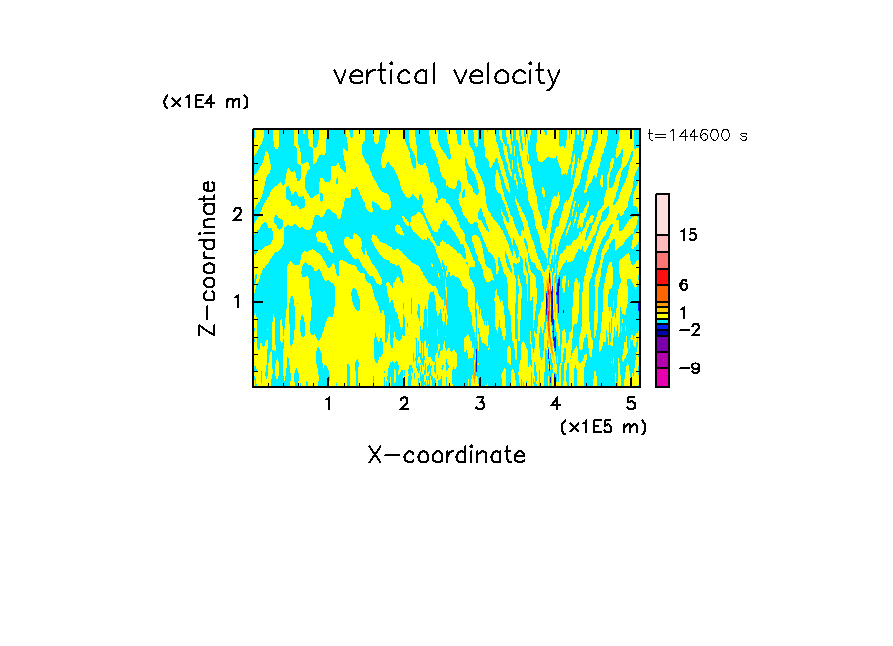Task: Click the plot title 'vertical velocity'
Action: coord(446,75)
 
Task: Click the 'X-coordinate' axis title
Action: coord(446,455)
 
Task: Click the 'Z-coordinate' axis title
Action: coord(207,258)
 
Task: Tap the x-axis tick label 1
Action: coord(328,403)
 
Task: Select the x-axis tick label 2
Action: coord(404,403)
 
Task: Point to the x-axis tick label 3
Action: coord(480,403)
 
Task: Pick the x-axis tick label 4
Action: coord(556,403)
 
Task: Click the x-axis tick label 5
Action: coord(632,403)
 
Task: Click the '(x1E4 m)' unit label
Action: coord(205,102)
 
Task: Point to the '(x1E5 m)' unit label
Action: coord(603,426)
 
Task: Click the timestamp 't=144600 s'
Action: coord(697,135)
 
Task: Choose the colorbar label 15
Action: coord(689,235)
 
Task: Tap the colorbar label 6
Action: coord(683,284)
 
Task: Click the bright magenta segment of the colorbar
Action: coord(662,377)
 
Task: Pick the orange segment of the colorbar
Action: coord(662,294)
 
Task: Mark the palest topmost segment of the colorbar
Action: coord(662,213)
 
